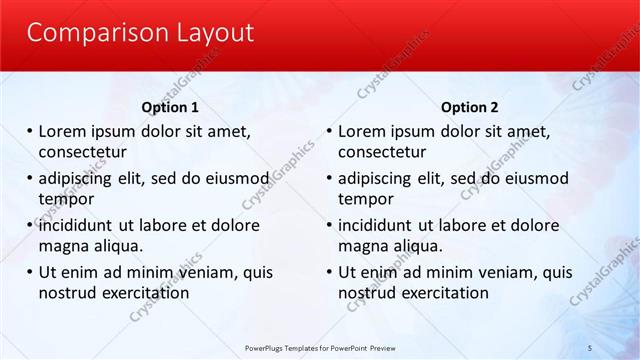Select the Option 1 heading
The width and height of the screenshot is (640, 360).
point(172,107)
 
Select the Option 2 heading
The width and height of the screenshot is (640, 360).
point(469,107)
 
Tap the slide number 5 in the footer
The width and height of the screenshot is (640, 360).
point(590,348)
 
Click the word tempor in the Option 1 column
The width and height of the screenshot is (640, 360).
point(66,199)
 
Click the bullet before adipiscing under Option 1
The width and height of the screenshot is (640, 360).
point(30,179)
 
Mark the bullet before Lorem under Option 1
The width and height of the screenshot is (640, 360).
point(30,131)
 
